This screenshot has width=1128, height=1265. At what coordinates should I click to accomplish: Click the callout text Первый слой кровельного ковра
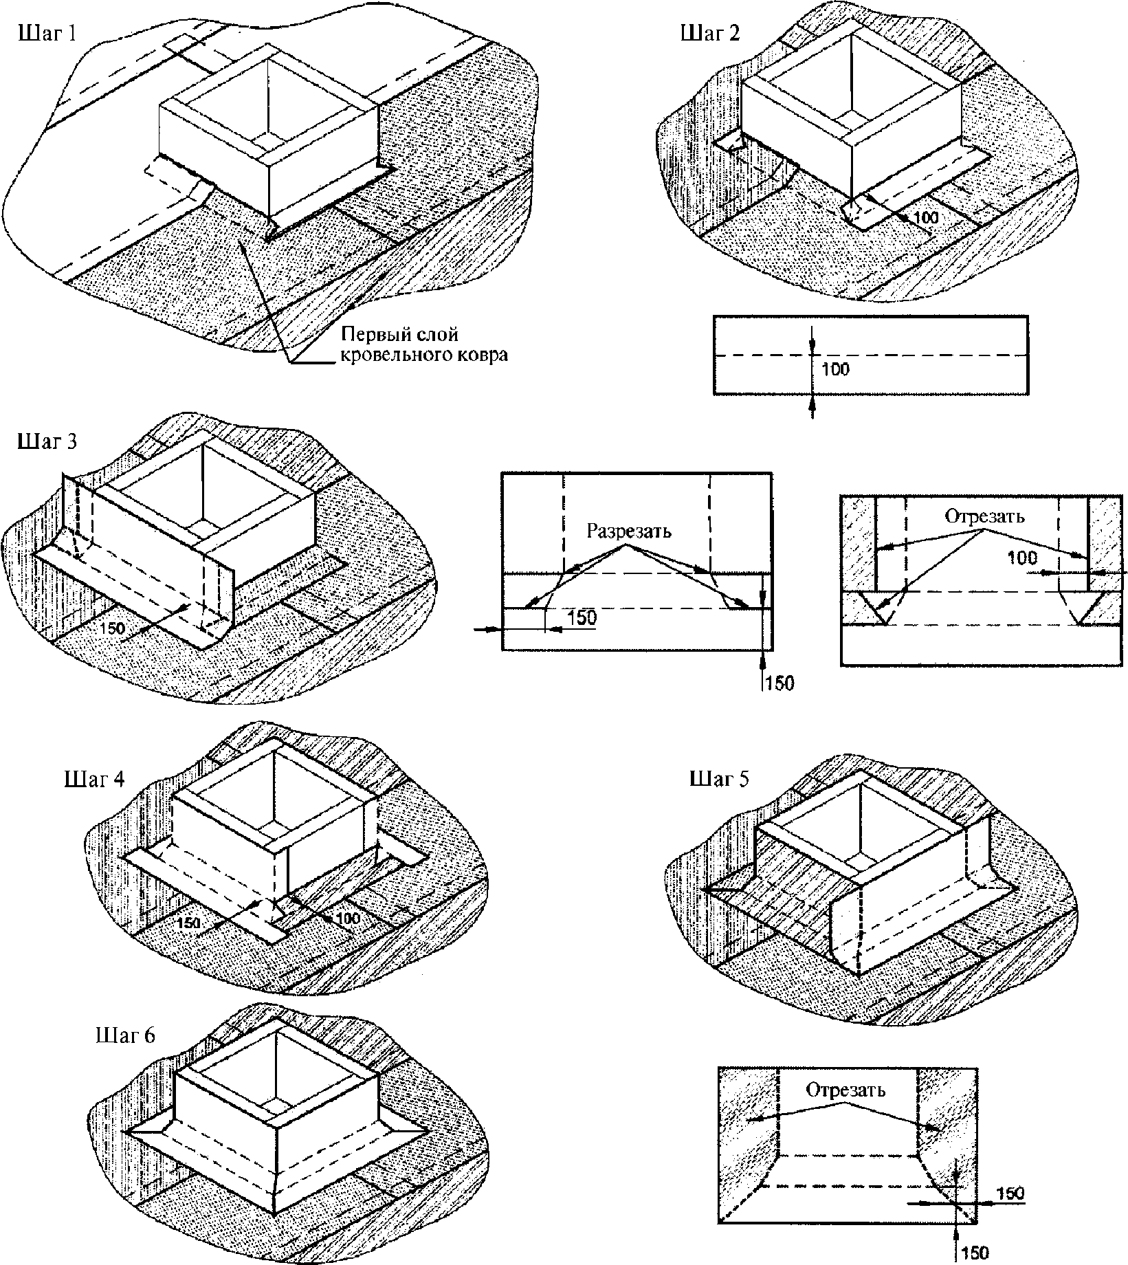pyautogui.click(x=425, y=345)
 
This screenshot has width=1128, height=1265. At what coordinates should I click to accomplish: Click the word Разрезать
pyautogui.click(x=629, y=531)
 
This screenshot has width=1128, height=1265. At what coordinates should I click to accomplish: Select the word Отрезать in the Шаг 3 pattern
pyautogui.click(x=984, y=516)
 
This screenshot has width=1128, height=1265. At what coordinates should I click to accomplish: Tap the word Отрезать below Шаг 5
pyautogui.click(x=845, y=1090)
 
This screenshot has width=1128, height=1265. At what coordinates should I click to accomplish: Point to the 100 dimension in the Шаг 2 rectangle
pyautogui.click(x=836, y=369)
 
